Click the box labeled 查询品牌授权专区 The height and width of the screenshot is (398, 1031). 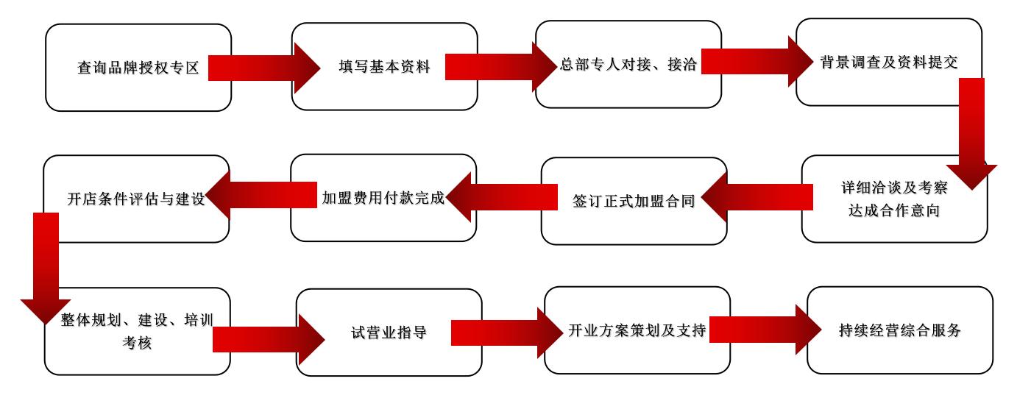[138, 68]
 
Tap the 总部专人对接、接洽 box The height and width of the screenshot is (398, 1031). [628, 64]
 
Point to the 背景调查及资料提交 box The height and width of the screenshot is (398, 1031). [888, 62]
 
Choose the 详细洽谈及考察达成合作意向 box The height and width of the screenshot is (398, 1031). [894, 199]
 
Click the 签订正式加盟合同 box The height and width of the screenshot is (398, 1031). [634, 201]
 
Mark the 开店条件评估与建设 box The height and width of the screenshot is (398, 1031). [136, 199]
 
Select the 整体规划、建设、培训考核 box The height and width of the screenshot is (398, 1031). [137, 331]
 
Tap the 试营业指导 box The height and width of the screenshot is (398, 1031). [389, 333]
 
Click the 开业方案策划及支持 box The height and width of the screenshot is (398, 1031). [637, 330]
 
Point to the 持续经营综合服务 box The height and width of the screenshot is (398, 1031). [899, 330]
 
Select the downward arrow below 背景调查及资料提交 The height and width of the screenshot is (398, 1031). [971, 132]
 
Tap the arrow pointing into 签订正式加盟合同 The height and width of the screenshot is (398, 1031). [758, 197]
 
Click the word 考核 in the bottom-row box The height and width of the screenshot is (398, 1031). [137, 342]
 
